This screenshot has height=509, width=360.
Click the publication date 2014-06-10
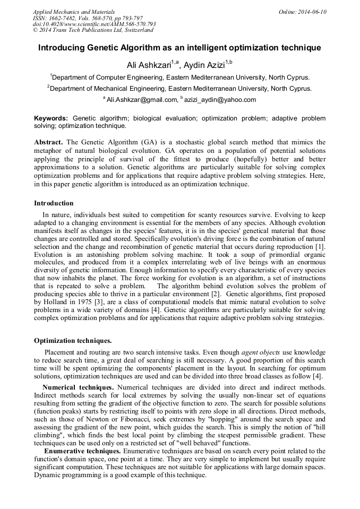coord(313,12)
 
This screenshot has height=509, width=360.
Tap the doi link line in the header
coord(94,24)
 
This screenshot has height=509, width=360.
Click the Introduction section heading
coord(54,203)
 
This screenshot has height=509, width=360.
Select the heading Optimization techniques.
coord(73,341)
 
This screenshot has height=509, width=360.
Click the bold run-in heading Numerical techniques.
coord(78,387)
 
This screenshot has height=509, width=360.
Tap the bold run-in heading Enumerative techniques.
coord(79,451)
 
